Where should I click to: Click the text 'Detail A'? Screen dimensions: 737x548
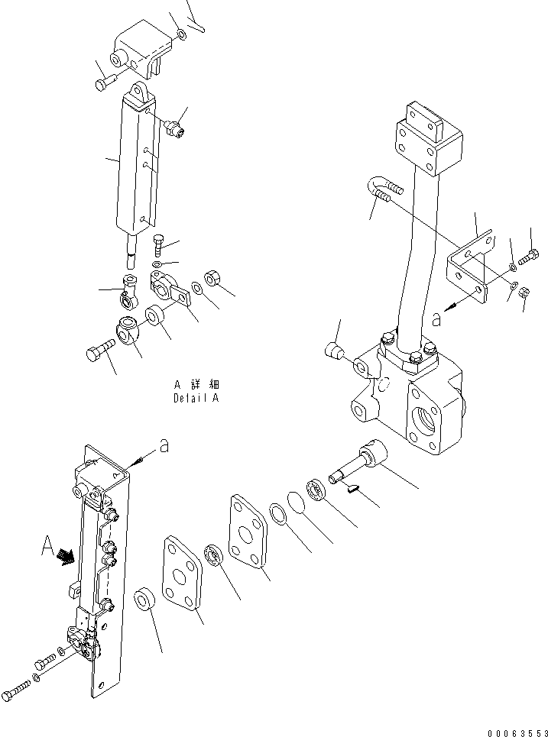coord(196,399)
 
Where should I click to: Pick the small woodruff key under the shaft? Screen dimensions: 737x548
coord(351,489)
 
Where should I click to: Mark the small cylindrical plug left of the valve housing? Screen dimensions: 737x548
coord(333,351)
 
